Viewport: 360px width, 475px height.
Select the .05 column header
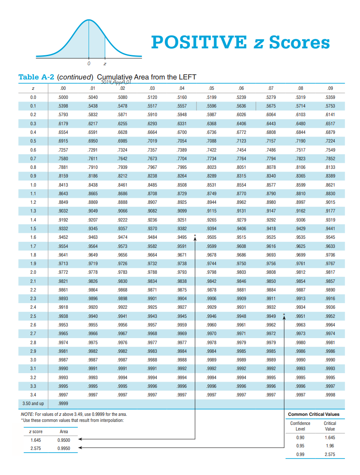211,89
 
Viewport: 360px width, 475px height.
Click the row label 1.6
33,237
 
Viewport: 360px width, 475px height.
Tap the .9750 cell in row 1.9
241,263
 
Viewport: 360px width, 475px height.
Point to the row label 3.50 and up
33,403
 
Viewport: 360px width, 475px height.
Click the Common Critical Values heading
314,415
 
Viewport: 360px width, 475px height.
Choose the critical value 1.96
330,445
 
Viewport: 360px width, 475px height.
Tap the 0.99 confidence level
300,454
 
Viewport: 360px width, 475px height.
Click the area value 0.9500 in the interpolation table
63,440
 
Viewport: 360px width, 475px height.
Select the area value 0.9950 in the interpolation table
63,448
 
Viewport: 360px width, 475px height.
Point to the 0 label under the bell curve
89,64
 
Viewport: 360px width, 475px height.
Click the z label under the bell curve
105,64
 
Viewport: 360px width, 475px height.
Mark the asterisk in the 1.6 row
195,236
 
